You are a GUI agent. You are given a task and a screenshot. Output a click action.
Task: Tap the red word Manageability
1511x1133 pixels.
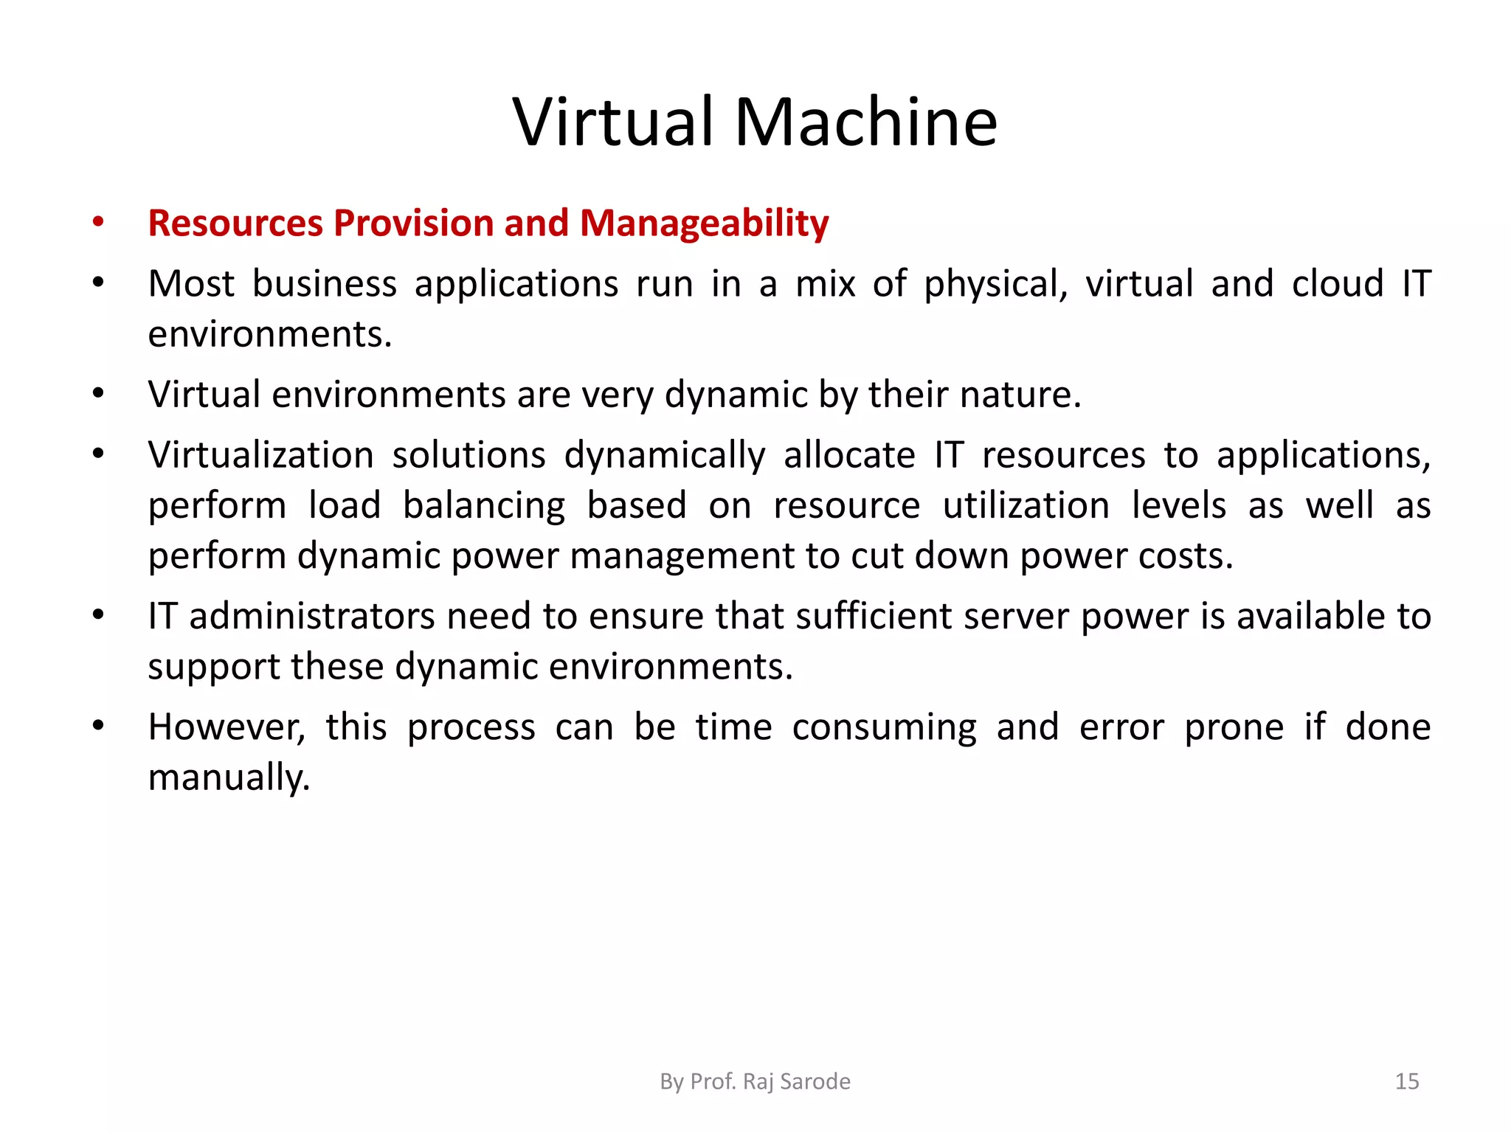[704, 224]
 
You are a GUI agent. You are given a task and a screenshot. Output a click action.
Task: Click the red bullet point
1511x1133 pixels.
[98, 221]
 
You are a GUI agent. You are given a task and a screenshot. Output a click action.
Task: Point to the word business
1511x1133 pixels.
[325, 284]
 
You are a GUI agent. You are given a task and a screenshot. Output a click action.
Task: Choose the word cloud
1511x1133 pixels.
[1337, 284]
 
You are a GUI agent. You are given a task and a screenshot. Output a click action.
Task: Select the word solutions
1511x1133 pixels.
[468, 455]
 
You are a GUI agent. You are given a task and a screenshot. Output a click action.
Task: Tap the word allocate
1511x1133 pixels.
[849, 455]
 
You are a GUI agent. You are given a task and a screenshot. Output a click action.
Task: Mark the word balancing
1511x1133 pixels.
[484, 507]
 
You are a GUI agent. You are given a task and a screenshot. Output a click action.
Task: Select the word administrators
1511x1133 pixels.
[312, 617]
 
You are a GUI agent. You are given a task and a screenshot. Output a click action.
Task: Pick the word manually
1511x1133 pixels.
[229, 778]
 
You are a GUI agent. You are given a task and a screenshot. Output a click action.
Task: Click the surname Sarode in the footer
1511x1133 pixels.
[815, 1081]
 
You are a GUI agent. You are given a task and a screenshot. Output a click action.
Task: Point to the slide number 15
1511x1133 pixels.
[1407, 1081]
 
